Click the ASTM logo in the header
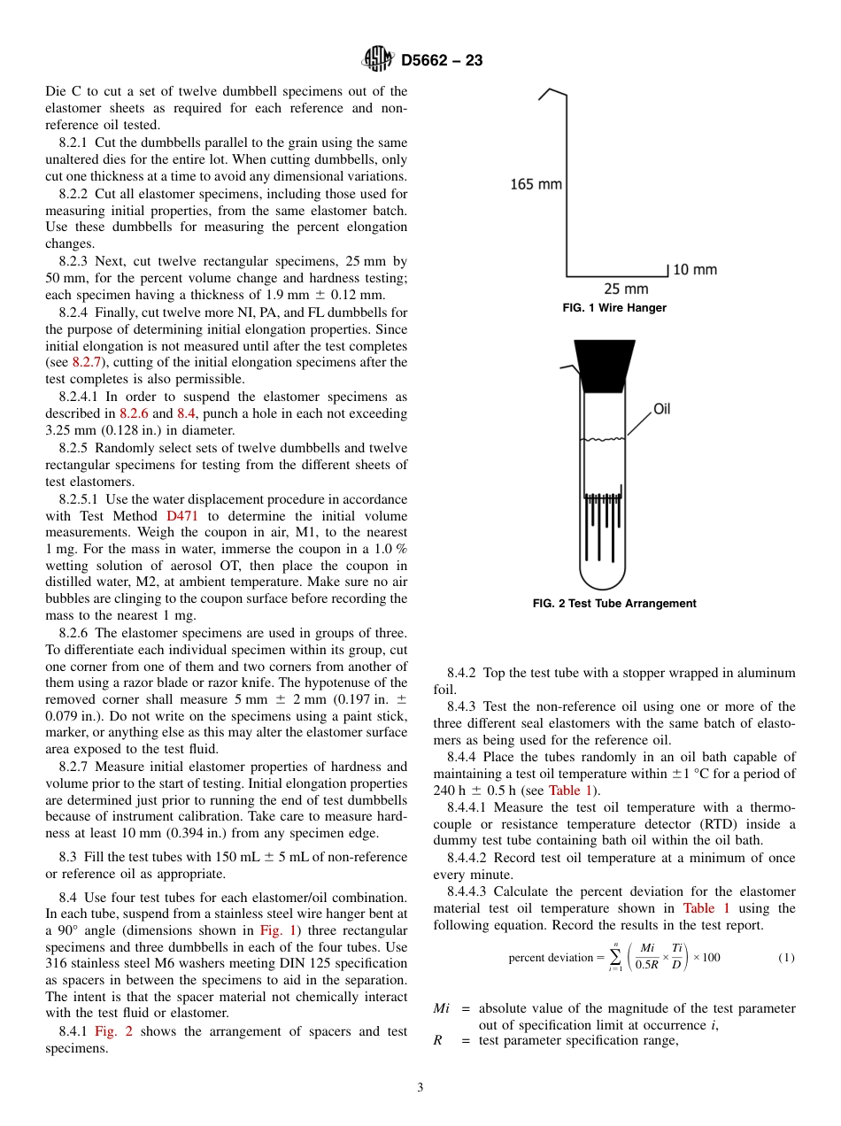[x=377, y=59]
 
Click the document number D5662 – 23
[x=442, y=60]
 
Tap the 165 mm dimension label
[x=536, y=184]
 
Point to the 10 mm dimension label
[x=694, y=269]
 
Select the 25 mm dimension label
[x=625, y=289]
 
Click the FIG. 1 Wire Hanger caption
[x=614, y=308]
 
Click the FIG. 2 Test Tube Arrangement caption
[x=614, y=604]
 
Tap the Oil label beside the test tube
[x=662, y=409]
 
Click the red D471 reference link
[x=182, y=516]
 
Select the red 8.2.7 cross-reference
[x=86, y=362]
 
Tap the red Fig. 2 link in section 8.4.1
[x=112, y=1031]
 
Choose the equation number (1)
[x=785, y=958]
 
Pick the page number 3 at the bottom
[x=420, y=1088]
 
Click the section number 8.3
[x=69, y=857]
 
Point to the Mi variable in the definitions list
[x=442, y=1008]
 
